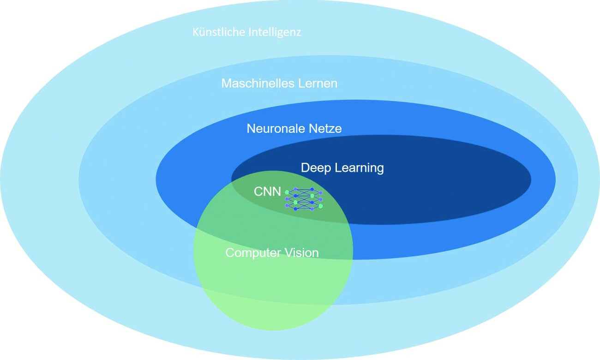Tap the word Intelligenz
(x=275, y=33)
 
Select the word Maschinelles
(x=257, y=83)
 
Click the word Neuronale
(x=276, y=129)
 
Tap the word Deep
(x=316, y=168)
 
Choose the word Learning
(x=360, y=168)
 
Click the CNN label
(x=267, y=192)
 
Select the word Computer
(x=253, y=253)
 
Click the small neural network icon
(x=304, y=199)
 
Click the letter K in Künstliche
(x=196, y=32)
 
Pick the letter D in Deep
(x=305, y=168)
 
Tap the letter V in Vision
(x=289, y=252)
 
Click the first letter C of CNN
(x=258, y=192)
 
